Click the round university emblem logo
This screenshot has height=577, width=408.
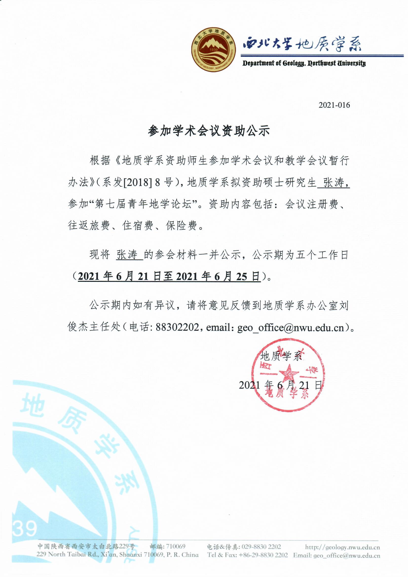[x=213, y=49]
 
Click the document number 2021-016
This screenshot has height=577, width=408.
[x=334, y=105]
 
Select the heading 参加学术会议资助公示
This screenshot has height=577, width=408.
[x=209, y=131]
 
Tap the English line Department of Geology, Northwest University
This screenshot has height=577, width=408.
[x=304, y=63]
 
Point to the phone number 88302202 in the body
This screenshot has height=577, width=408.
[x=178, y=327]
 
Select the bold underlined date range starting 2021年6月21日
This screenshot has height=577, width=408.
[x=169, y=276]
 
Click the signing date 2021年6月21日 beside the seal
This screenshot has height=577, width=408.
[x=280, y=385]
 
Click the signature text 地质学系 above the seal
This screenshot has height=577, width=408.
[x=281, y=356]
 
